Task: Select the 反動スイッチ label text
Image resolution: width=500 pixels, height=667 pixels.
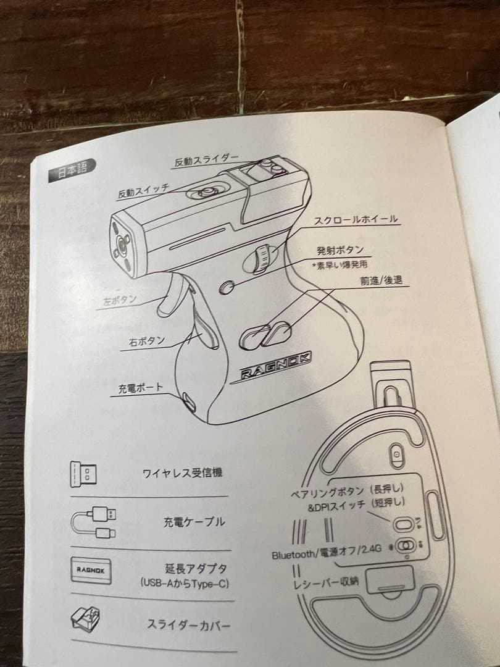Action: coord(143,191)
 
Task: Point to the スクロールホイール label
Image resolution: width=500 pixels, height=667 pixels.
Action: coord(356,219)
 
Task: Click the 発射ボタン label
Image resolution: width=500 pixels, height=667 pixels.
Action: coord(340,250)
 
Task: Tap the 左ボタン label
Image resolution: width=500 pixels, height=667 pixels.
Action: coord(120,301)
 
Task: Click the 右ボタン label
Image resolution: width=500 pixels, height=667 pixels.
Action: coord(146,340)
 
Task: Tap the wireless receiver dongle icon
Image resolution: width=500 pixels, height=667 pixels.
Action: coord(84,474)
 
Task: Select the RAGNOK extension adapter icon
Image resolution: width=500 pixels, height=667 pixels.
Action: coord(90,570)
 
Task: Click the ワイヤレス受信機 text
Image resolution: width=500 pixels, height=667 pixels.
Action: coord(182,474)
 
